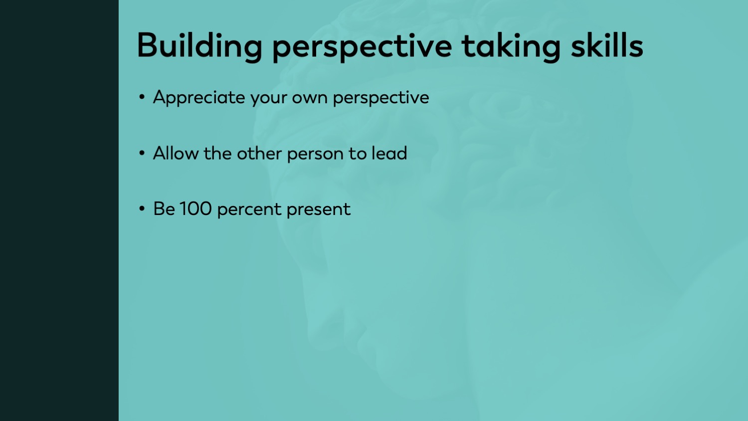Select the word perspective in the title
point(363,47)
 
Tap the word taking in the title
point(511,47)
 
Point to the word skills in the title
point(607,45)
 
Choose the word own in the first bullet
point(310,98)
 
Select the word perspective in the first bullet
point(381,98)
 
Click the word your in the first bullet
point(269,99)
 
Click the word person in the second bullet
point(315,155)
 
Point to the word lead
point(389,153)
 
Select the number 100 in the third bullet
point(195,209)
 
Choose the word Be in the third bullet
point(164,209)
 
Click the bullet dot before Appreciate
point(142,97)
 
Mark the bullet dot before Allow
point(142,153)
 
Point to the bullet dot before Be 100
point(142,209)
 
